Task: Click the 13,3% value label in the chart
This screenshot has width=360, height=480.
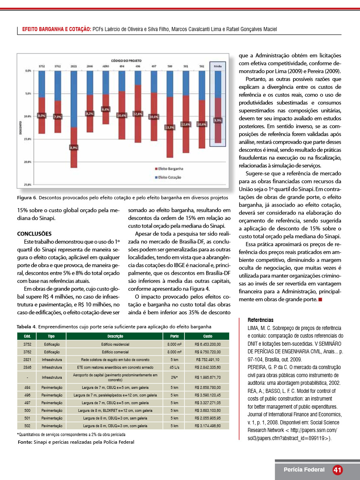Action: pyautogui.click(x=170, y=127)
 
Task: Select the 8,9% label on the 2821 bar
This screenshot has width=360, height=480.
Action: pyautogui.click(x=74, y=148)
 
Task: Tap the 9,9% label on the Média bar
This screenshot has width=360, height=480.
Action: pyautogui.click(x=218, y=120)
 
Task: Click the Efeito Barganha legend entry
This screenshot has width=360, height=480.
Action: pyautogui.click(x=170, y=169)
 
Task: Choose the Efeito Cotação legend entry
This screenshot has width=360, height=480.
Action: pyautogui.click(x=169, y=177)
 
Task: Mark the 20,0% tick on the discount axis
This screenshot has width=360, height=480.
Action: pyautogui.click(x=28, y=162)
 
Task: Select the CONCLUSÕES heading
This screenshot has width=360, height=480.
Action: pyautogui.click(x=35, y=234)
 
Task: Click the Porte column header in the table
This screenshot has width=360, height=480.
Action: pyautogui.click(x=174, y=336)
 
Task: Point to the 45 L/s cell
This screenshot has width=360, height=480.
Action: pyautogui.click(x=174, y=367)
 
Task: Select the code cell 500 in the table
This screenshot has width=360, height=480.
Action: pyautogui.click(x=27, y=410)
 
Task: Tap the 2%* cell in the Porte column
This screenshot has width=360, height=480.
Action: pyautogui.click(x=174, y=378)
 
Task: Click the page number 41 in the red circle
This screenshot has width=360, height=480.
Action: pyautogui.click(x=338, y=470)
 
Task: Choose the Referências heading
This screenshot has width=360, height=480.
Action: pyautogui.click(x=260, y=320)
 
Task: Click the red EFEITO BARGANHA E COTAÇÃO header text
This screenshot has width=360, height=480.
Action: pyautogui.click(x=57, y=29)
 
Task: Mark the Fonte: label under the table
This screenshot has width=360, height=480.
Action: pyautogui.click(x=25, y=442)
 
